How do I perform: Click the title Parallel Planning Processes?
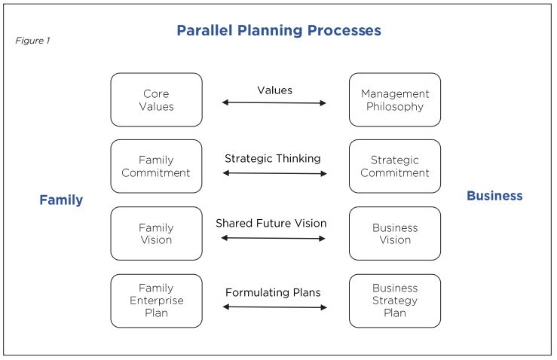(279, 31)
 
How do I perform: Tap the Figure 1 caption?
(32, 41)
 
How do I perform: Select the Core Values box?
(156, 99)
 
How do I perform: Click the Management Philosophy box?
(395, 99)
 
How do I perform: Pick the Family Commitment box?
(156, 166)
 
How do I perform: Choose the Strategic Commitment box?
(395, 166)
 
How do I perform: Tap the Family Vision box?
(156, 233)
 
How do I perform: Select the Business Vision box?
(395, 233)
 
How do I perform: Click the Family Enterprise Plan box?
(156, 301)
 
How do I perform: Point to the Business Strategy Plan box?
(395, 301)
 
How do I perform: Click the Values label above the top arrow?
(275, 90)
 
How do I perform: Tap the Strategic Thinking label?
(272, 158)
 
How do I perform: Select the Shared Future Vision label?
(271, 223)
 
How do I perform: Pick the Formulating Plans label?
(273, 292)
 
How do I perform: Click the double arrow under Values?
(274, 103)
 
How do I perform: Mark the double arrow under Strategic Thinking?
(274, 173)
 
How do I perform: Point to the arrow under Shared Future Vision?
(273, 238)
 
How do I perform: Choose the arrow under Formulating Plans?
(274, 307)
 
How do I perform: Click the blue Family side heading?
(61, 200)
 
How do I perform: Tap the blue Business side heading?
(494, 196)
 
